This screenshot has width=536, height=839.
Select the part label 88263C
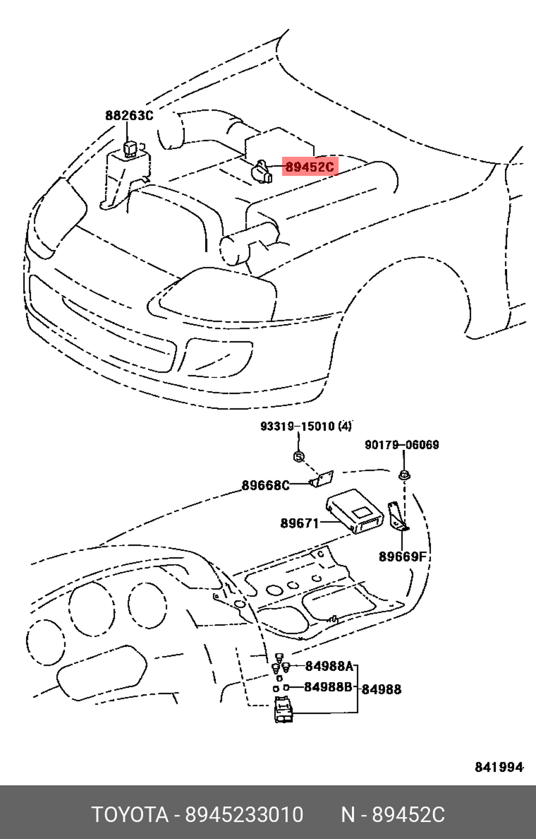129,115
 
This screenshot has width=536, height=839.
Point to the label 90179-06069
401,444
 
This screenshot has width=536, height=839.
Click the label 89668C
265,485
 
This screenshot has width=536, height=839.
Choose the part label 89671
299,523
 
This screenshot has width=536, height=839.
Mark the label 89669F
403,557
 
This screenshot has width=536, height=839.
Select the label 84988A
329,666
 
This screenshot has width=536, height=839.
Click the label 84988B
328,687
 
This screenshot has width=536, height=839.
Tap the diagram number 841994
498,767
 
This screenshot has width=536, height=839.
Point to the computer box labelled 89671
355,511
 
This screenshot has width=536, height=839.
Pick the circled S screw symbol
299,457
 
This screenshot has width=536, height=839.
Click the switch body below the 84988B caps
284,709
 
